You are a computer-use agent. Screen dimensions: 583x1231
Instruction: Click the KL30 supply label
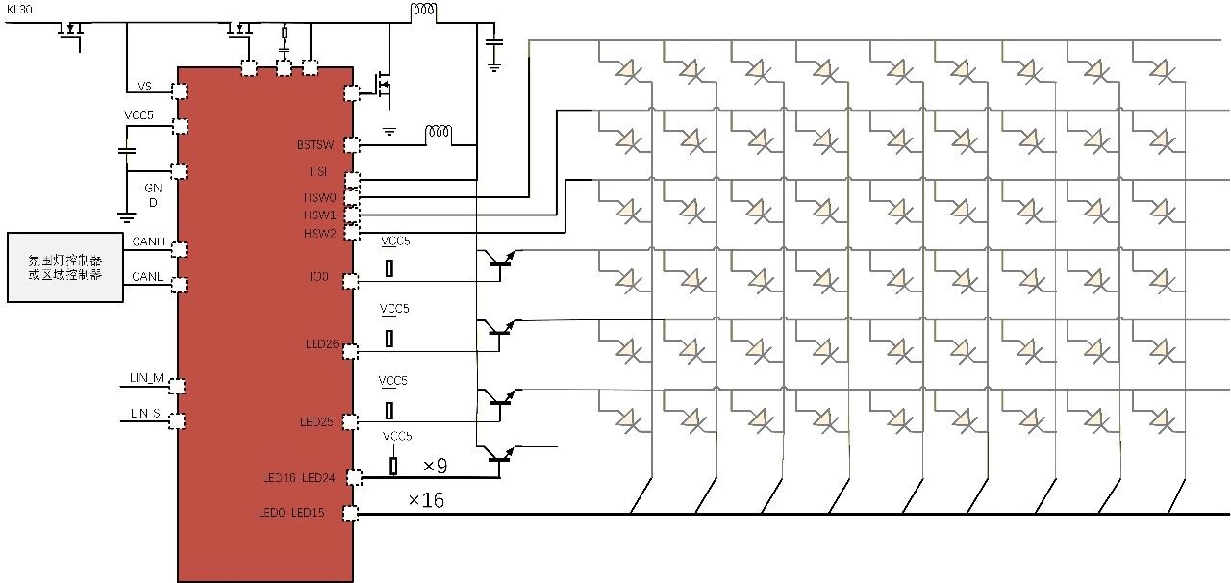point(19,9)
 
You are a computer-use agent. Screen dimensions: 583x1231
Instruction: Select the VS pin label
point(144,87)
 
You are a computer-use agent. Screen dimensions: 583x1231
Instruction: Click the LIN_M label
point(146,378)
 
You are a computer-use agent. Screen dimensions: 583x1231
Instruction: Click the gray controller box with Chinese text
point(65,267)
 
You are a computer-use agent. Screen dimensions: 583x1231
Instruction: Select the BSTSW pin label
point(315,146)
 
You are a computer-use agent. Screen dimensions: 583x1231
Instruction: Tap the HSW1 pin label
point(319,215)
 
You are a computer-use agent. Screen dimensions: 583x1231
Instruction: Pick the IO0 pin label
point(319,277)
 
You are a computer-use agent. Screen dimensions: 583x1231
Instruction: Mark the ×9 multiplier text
point(435,467)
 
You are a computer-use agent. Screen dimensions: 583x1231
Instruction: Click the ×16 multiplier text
point(426,500)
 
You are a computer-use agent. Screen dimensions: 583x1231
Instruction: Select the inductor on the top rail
point(423,12)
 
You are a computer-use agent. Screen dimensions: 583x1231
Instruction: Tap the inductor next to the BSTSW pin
point(440,132)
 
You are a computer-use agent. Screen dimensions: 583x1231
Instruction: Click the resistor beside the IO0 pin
point(389,267)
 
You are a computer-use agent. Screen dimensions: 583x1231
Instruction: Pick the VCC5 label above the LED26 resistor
point(394,309)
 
